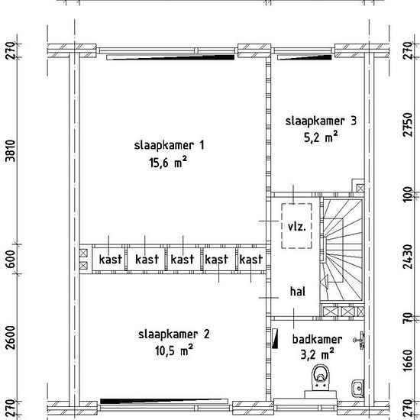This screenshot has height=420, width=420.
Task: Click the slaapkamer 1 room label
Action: click(x=169, y=146)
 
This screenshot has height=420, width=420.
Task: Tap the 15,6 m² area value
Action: click(x=168, y=162)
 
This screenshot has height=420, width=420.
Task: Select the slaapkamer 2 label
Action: click(x=174, y=334)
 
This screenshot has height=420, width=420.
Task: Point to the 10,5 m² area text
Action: click(x=174, y=351)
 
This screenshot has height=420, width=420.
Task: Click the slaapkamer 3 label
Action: click(x=321, y=121)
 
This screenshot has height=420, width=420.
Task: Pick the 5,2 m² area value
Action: click(x=321, y=137)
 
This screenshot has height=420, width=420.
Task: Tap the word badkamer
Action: click(x=317, y=339)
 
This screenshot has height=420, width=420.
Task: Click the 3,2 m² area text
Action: click(x=318, y=354)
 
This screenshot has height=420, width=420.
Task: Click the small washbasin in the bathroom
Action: click(x=357, y=388)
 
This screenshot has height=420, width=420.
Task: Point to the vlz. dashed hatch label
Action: click(x=296, y=227)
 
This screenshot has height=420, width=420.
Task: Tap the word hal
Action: click(x=298, y=292)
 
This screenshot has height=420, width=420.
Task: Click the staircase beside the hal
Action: click(x=342, y=249)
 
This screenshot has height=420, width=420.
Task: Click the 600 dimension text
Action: click(x=11, y=259)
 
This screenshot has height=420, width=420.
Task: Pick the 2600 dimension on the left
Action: click(x=11, y=338)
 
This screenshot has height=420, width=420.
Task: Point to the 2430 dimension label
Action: click(x=408, y=257)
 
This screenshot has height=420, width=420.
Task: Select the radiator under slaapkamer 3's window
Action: click(x=305, y=57)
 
